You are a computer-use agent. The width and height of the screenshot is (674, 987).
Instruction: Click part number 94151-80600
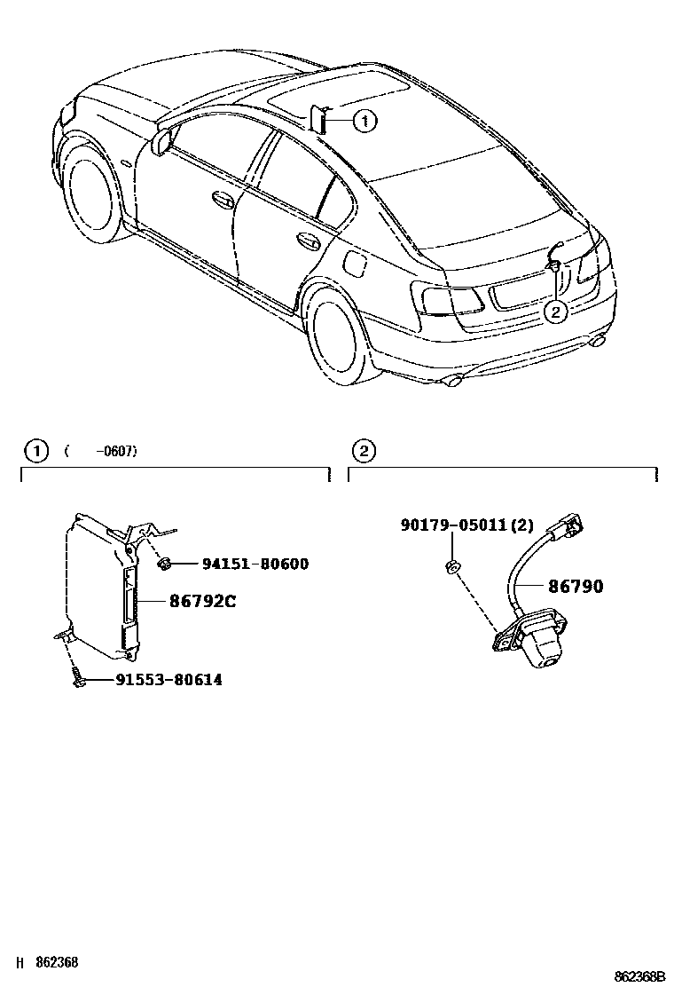point(255,564)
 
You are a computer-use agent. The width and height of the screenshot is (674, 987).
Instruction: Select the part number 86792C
point(203,601)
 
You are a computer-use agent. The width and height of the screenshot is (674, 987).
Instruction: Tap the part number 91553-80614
point(168,680)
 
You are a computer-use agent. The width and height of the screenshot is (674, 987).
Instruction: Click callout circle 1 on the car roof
point(364,120)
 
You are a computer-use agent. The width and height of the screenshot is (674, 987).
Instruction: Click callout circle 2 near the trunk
point(555,312)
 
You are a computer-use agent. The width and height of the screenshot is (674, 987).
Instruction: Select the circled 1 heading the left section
point(35,451)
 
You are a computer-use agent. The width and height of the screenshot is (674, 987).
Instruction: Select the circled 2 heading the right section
point(363,451)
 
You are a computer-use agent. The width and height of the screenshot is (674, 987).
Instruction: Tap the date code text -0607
point(115,451)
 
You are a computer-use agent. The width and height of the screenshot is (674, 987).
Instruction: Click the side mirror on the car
point(162,141)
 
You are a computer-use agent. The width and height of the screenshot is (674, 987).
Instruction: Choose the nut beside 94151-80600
point(164,564)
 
